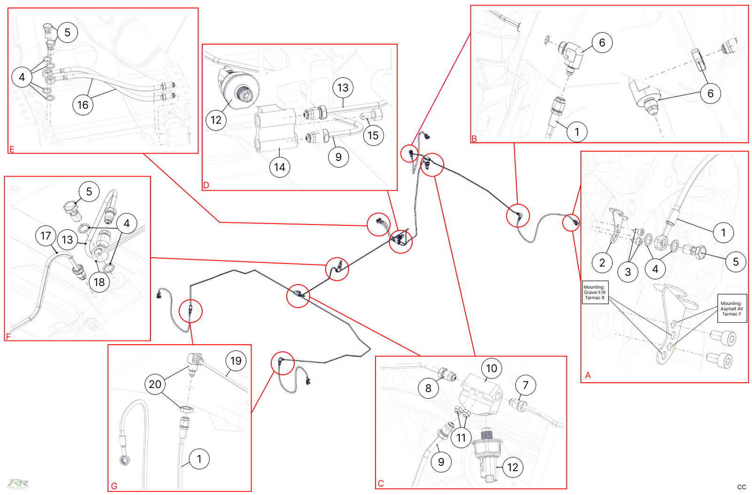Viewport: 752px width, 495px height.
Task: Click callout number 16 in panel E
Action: (x=83, y=105)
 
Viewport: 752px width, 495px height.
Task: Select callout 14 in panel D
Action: (x=280, y=167)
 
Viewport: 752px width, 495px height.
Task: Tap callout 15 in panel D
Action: (x=373, y=136)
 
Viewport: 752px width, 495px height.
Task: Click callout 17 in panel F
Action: (x=46, y=236)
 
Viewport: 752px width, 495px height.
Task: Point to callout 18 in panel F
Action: (x=99, y=282)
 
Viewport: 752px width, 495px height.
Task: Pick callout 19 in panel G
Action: (x=236, y=361)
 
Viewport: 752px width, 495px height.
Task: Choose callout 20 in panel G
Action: (x=155, y=384)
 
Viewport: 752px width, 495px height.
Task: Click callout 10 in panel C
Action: (x=492, y=368)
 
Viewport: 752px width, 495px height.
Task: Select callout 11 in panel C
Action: (x=461, y=438)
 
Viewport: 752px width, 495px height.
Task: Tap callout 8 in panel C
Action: (x=428, y=388)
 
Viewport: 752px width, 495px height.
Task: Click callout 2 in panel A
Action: (x=602, y=263)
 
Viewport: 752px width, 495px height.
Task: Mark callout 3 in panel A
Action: (x=628, y=272)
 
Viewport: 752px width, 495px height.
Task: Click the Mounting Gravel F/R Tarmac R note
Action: (x=595, y=293)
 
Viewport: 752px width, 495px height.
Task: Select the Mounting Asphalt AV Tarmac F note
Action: (x=732, y=309)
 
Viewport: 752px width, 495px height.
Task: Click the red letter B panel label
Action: (x=474, y=139)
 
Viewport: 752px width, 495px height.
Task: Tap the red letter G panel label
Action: (x=114, y=486)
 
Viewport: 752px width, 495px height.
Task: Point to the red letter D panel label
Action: (x=206, y=186)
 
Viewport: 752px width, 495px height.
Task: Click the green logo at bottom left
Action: (x=18, y=484)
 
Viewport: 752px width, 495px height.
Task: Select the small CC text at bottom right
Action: (x=742, y=487)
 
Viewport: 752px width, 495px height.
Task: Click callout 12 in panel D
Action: (x=216, y=120)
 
